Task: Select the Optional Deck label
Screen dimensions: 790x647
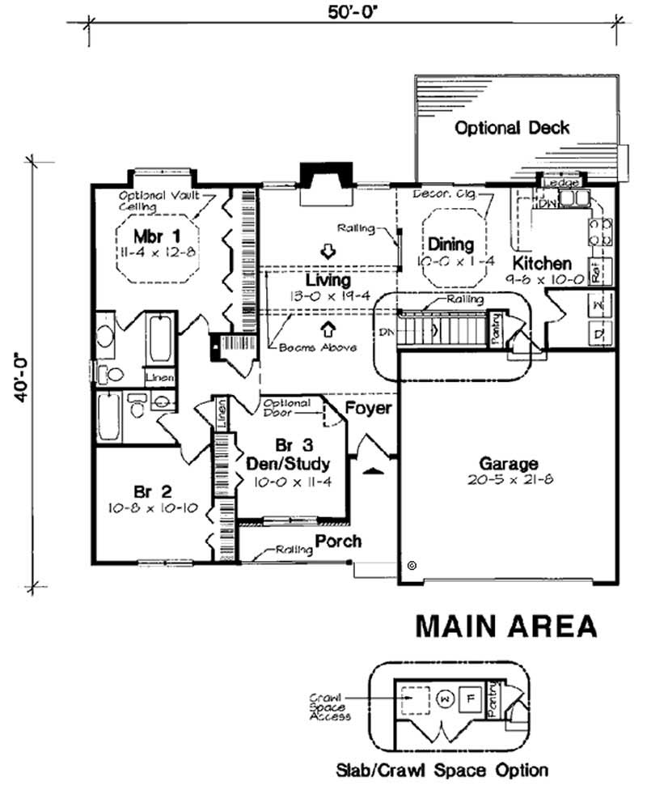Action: click(511, 128)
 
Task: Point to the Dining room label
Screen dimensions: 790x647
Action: click(450, 244)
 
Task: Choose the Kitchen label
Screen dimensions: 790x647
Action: click(541, 263)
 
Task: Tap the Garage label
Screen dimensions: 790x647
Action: click(509, 464)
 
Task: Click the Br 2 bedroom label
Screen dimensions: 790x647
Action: click(150, 491)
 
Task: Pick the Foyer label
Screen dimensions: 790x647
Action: click(369, 408)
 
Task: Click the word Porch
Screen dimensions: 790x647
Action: click(338, 541)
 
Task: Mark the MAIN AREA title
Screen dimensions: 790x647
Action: click(506, 626)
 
